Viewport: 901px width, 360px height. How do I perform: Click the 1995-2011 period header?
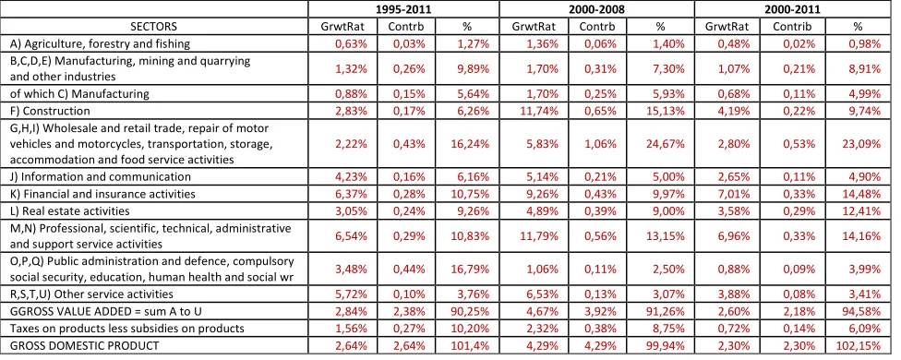(x=402, y=9)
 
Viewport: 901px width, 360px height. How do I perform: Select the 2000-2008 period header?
(x=596, y=9)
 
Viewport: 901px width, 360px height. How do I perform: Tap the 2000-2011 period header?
(x=792, y=9)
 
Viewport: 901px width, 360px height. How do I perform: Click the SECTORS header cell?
(x=154, y=27)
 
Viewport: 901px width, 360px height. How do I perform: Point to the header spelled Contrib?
(x=792, y=27)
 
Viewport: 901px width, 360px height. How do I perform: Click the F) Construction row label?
(x=50, y=111)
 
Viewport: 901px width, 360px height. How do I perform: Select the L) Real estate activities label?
(x=69, y=210)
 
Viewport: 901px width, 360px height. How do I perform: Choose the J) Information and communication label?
(x=100, y=177)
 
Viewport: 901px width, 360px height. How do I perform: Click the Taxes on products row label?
(x=127, y=329)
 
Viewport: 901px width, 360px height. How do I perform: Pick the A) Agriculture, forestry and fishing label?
(x=100, y=43)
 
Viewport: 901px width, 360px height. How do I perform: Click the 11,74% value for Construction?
(x=541, y=111)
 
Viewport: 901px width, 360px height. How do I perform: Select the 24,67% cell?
(x=666, y=144)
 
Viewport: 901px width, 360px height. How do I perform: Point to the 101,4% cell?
(x=470, y=345)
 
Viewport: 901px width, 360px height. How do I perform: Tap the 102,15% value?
(x=859, y=345)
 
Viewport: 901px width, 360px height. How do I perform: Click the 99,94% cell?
(x=666, y=345)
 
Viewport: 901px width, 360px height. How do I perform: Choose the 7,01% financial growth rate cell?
(x=733, y=194)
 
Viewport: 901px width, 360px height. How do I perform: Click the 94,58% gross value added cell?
(x=860, y=311)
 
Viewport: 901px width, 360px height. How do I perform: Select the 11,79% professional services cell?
(x=541, y=236)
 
